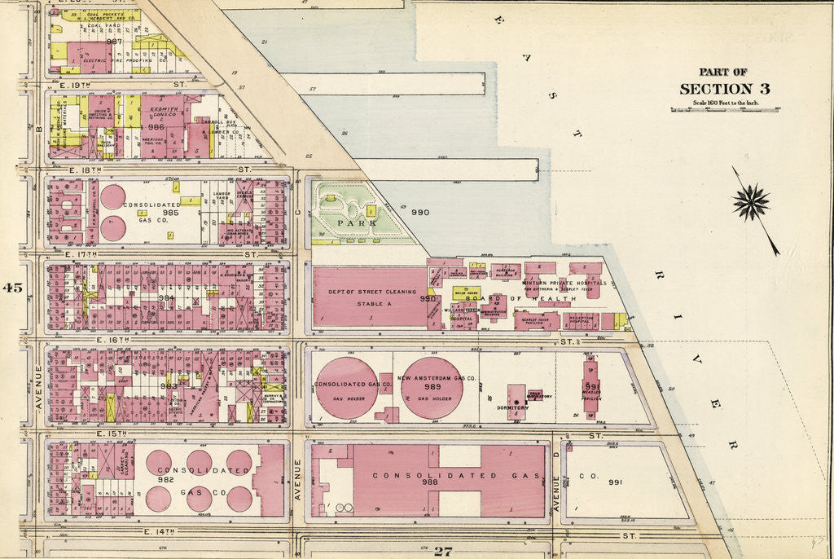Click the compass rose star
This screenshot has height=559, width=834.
[750, 202]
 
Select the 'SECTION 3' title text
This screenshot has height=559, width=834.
[724, 89]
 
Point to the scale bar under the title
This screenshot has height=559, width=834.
[724, 110]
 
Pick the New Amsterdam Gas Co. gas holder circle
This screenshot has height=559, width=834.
[432, 388]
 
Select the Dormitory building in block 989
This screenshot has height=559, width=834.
[516, 402]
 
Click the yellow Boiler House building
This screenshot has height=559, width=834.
[466, 292]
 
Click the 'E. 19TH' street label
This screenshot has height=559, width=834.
[77, 84]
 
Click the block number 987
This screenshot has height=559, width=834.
[113, 41]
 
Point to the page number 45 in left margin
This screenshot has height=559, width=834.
[13, 287]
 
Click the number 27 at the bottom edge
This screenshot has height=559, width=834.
[442, 552]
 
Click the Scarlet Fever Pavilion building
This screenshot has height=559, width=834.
[536, 321]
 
